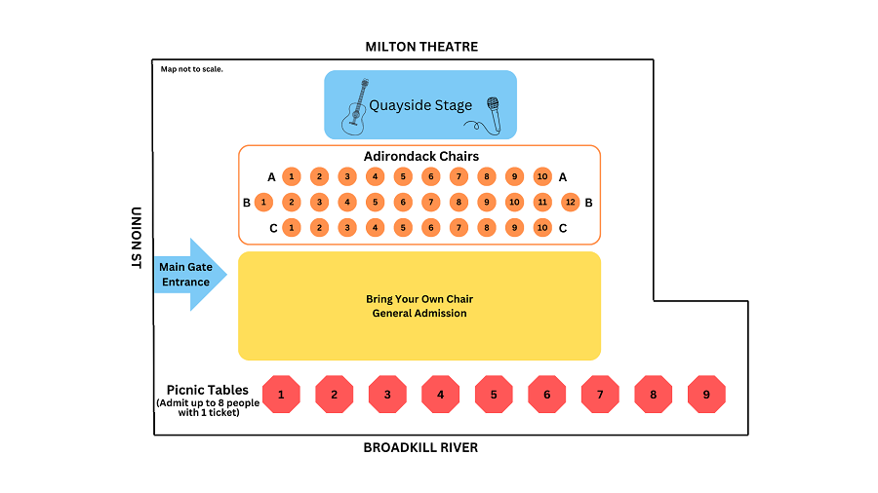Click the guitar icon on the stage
355,107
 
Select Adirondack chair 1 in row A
291,176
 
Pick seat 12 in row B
570,203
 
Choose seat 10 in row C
542,227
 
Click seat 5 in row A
403,176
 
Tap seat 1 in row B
263,203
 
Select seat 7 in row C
459,227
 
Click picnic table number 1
281,395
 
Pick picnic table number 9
706,395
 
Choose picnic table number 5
494,395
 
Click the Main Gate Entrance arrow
190,275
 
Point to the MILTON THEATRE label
421,47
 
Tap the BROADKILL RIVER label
420,448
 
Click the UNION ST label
136,238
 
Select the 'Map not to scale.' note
192,69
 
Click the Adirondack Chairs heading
421,157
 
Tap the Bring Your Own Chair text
419,299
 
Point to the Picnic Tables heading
207,390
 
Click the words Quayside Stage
420,105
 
